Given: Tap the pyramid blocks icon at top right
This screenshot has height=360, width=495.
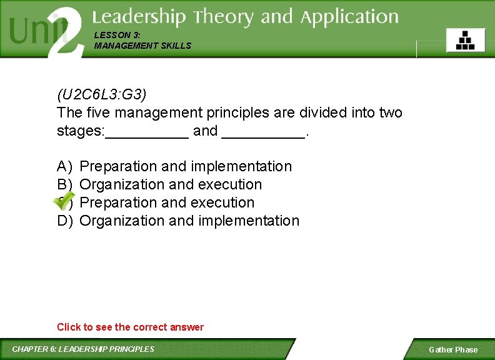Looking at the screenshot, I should tap(465, 41).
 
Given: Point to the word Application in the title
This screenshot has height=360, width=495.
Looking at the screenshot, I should tap(349, 17).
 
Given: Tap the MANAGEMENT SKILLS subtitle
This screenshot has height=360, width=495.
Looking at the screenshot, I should tap(142, 46).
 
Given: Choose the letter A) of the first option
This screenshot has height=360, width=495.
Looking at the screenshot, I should tap(65, 166).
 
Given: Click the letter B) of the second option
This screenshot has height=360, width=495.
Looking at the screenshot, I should tap(65, 184).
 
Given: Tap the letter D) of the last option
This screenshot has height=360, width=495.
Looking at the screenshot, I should tap(65, 221).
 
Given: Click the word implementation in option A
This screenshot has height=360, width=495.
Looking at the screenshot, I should tap(241, 166).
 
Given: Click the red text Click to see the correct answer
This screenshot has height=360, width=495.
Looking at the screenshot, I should tap(130, 327).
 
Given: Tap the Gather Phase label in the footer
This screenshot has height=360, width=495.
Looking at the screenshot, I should tap(452, 350).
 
